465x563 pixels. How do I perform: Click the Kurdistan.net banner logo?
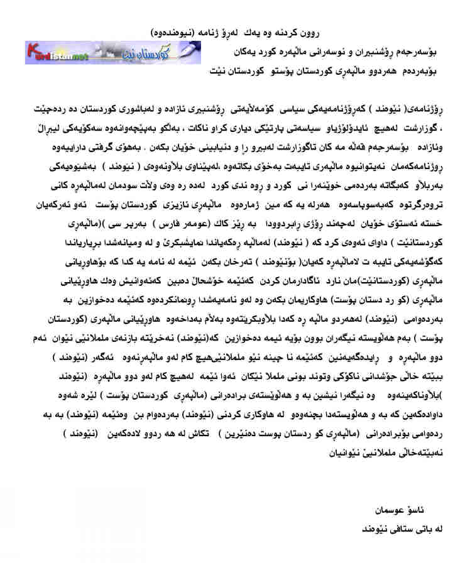[112, 52]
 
